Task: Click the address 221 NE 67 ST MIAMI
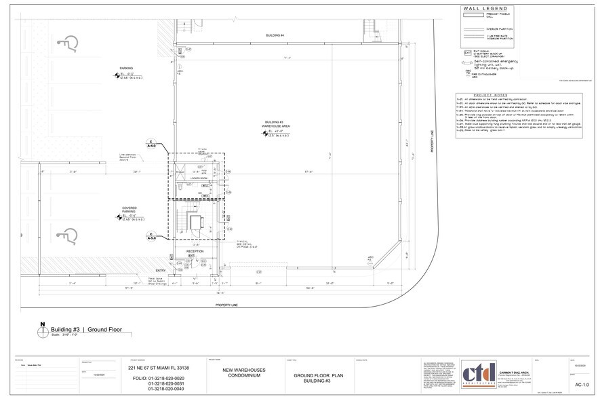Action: click(x=159, y=368)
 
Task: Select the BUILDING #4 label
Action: click(x=275, y=35)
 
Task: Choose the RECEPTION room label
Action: click(x=196, y=251)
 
